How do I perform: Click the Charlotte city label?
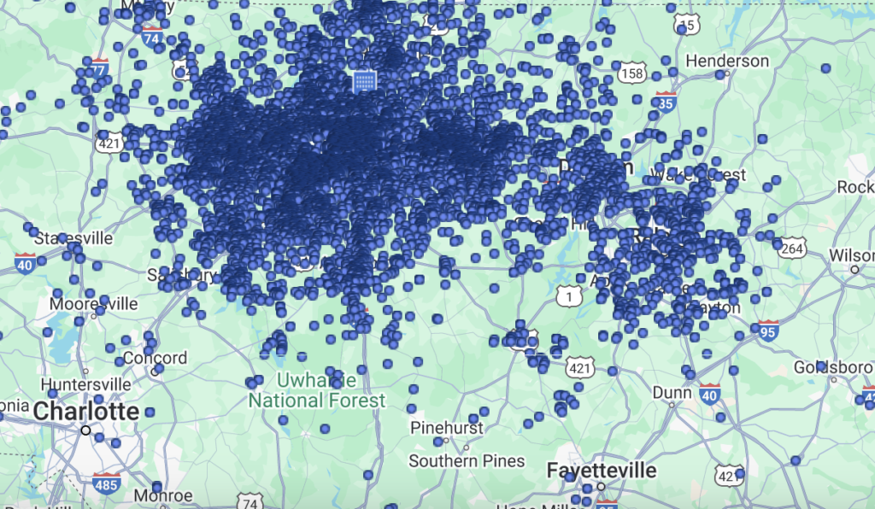tap(85, 411)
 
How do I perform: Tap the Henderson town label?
tap(727, 61)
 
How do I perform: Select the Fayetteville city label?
tap(602, 471)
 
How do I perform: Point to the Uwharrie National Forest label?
tap(317, 390)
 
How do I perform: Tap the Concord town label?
tap(155, 358)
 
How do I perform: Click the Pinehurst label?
tap(447, 427)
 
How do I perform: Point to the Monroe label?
tap(163, 495)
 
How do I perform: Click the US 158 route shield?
tap(632, 73)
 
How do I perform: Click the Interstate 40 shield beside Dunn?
tap(708, 394)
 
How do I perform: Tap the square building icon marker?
tap(364, 81)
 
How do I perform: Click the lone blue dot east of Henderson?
tap(825, 68)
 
